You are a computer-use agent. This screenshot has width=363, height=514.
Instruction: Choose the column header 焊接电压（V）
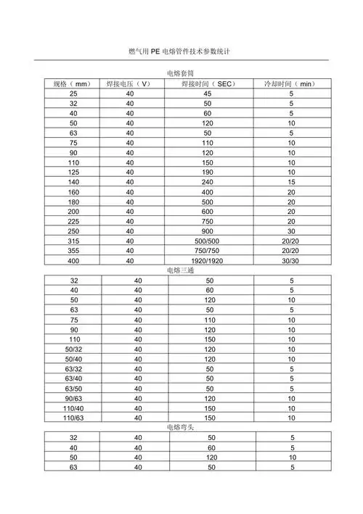[x=129, y=84]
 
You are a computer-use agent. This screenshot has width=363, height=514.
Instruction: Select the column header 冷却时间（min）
[x=291, y=84]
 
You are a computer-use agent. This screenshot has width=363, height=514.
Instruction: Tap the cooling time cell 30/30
[x=291, y=260]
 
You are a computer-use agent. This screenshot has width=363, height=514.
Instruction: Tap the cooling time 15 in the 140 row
[x=291, y=182]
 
